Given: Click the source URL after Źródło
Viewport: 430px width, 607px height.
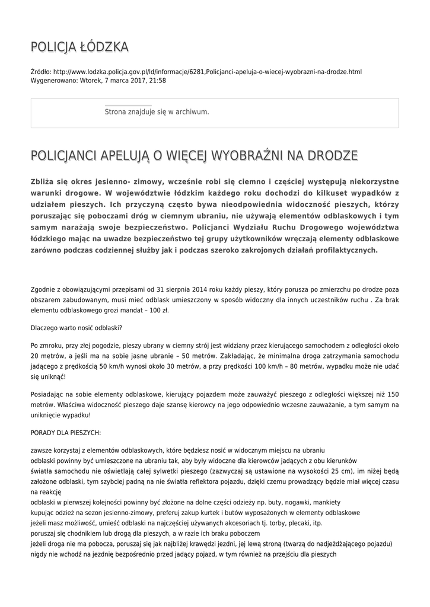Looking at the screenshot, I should (x=208, y=72).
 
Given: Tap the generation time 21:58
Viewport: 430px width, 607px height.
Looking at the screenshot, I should (x=157, y=80).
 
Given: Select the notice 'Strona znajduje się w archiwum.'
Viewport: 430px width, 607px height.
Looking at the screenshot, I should (x=157, y=111).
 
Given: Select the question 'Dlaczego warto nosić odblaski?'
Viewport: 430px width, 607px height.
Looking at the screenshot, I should (x=77, y=328).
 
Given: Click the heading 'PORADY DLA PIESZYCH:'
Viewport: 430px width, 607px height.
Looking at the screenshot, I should (x=65, y=432).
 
